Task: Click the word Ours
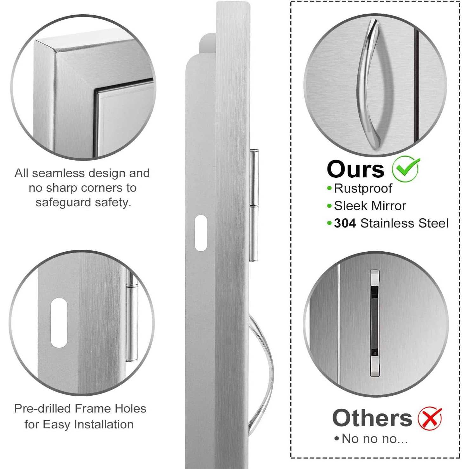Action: (x=355, y=169)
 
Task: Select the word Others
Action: (x=372, y=418)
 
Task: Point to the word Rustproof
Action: (x=363, y=188)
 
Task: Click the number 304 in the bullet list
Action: (x=345, y=223)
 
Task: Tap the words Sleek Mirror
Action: (x=370, y=206)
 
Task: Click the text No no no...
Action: (x=374, y=439)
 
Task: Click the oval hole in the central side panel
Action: (x=201, y=233)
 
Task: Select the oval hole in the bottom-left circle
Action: (x=59, y=323)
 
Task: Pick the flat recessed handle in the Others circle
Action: (x=375, y=323)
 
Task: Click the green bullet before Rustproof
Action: (x=329, y=188)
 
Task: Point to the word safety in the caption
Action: (x=113, y=202)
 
